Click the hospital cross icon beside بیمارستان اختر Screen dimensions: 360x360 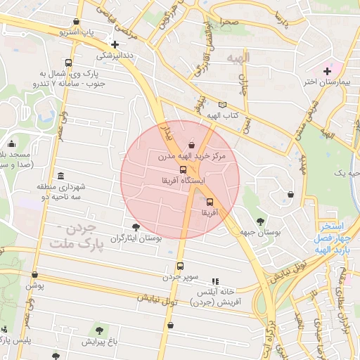[327, 71]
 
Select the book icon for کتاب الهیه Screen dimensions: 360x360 [223, 105]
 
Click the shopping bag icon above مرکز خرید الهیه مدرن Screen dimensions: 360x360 [193, 145]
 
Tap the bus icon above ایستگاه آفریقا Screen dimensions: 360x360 [184, 169]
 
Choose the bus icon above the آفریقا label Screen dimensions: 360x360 [210, 201]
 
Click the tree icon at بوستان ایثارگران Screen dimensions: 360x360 [136, 228]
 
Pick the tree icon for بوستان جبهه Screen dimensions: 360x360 [261, 221]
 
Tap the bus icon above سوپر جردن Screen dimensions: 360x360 [180, 266]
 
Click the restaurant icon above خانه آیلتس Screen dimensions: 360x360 [215, 281]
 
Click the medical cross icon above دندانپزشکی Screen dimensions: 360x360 [115, 44]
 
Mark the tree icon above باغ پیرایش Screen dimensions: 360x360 [99, 330]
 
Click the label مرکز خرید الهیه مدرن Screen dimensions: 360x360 [192, 155]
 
